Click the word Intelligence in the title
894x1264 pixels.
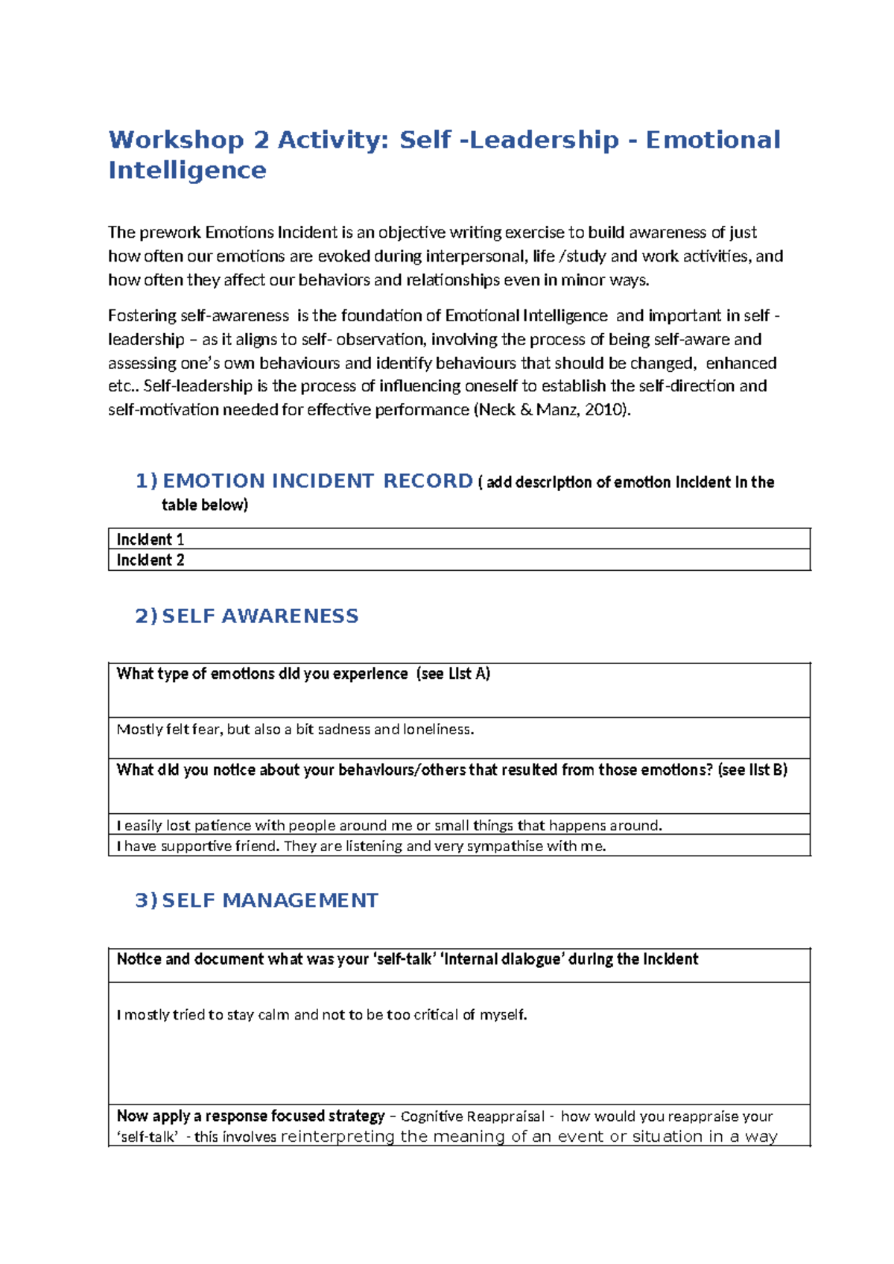click(x=187, y=171)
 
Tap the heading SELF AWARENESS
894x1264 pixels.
click(x=260, y=616)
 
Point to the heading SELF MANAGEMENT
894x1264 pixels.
click(x=270, y=900)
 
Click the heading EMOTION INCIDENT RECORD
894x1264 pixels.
click(x=317, y=481)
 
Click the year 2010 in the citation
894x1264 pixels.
click(x=603, y=410)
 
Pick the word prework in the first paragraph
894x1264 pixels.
click(x=171, y=233)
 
